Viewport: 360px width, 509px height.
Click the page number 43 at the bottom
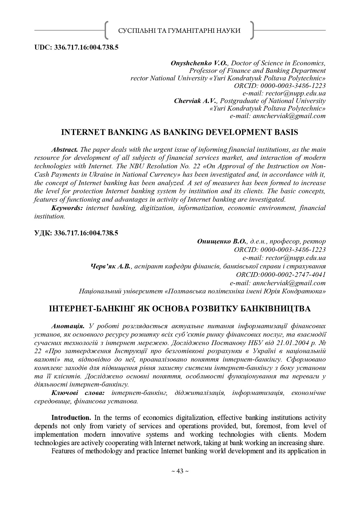point(180,471)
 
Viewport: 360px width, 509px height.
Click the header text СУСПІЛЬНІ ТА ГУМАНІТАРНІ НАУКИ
point(179,30)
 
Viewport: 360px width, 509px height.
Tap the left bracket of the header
point(106,30)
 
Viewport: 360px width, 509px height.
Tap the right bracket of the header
point(252,30)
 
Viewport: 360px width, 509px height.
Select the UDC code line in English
point(76,47)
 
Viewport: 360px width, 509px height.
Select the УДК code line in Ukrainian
point(76,233)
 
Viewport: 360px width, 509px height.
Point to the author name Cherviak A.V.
point(195,101)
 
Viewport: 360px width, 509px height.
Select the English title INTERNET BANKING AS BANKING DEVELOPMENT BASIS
point(180,132)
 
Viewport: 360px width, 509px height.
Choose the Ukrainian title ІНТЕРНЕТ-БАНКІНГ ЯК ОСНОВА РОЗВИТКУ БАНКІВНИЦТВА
point(180,308)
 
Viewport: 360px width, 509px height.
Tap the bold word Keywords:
point(67,208)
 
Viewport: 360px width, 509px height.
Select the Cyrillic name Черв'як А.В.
point(111,266)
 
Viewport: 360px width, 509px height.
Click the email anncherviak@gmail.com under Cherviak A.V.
point(289,116)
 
